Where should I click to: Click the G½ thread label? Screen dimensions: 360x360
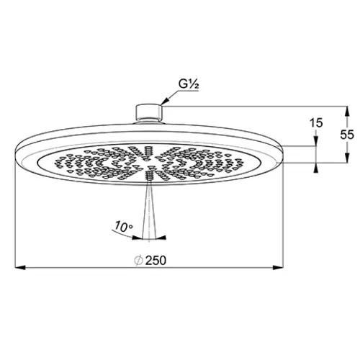(x=189, y=84)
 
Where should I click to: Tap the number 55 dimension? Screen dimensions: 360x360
(x=347, y=135)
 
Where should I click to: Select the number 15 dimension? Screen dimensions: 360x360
(x=316, y=123)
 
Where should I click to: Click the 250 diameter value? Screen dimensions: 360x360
(x=156, y=261)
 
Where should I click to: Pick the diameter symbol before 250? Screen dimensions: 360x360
(x=139, y=261)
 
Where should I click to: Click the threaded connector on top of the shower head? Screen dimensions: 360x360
(x=149, y=112)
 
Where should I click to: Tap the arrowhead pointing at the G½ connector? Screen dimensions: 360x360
(x=165, y=102)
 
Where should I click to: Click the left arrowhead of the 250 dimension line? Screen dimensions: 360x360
(x=20, y=267)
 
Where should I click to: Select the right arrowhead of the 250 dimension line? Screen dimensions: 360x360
(x=279, y=267)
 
